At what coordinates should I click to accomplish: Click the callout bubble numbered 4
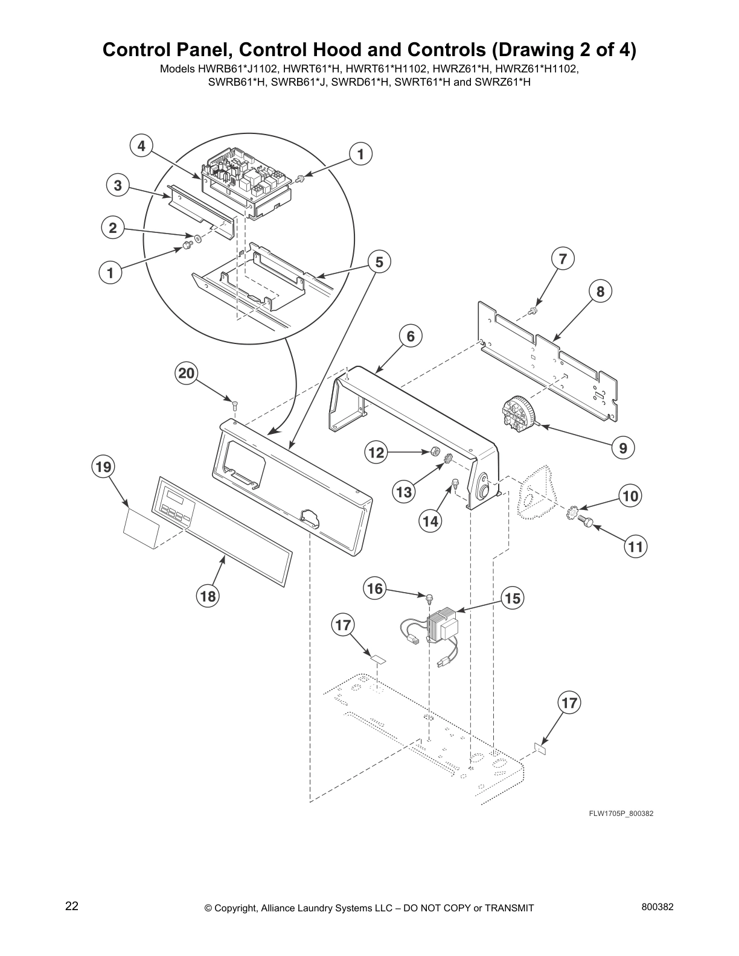pos(141,145)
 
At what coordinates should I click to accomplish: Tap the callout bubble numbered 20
pos(186,374)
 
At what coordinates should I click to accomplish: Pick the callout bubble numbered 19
pos(103,467)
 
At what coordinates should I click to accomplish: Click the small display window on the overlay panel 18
pos(176,496)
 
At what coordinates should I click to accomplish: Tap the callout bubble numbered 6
pos(411,336)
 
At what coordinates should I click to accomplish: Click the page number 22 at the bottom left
pos(72,907)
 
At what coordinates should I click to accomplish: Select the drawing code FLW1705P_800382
pos(621,814)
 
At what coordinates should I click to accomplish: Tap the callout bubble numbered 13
pos(405,492)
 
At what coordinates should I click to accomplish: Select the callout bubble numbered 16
pos(375,588)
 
